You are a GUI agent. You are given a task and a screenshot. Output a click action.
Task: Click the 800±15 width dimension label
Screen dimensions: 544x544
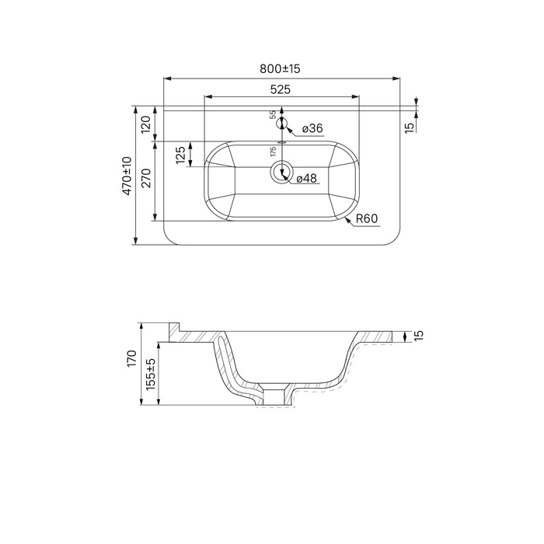[x=280, y=68]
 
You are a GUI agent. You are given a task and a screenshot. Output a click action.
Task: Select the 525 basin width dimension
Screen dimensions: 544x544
[x=281, y=89]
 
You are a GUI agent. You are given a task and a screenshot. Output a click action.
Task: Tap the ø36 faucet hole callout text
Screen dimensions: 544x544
[x=312, y=128]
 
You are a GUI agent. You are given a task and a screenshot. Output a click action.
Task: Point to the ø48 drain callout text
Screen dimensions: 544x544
[x=307, y=178]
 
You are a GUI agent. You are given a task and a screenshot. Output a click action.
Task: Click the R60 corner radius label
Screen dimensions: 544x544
[x=367, y=218]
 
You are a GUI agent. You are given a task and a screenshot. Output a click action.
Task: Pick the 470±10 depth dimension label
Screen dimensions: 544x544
[x=127, y=176]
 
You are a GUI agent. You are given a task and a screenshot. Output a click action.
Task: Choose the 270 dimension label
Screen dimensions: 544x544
[x=147, y=178]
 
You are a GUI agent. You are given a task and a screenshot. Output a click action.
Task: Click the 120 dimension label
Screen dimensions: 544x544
[x=146, y=124]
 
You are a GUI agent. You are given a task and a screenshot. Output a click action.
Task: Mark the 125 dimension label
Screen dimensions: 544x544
[x=180, y=155]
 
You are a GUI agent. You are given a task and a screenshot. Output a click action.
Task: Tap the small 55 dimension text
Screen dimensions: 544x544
[x=273, y=115]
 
